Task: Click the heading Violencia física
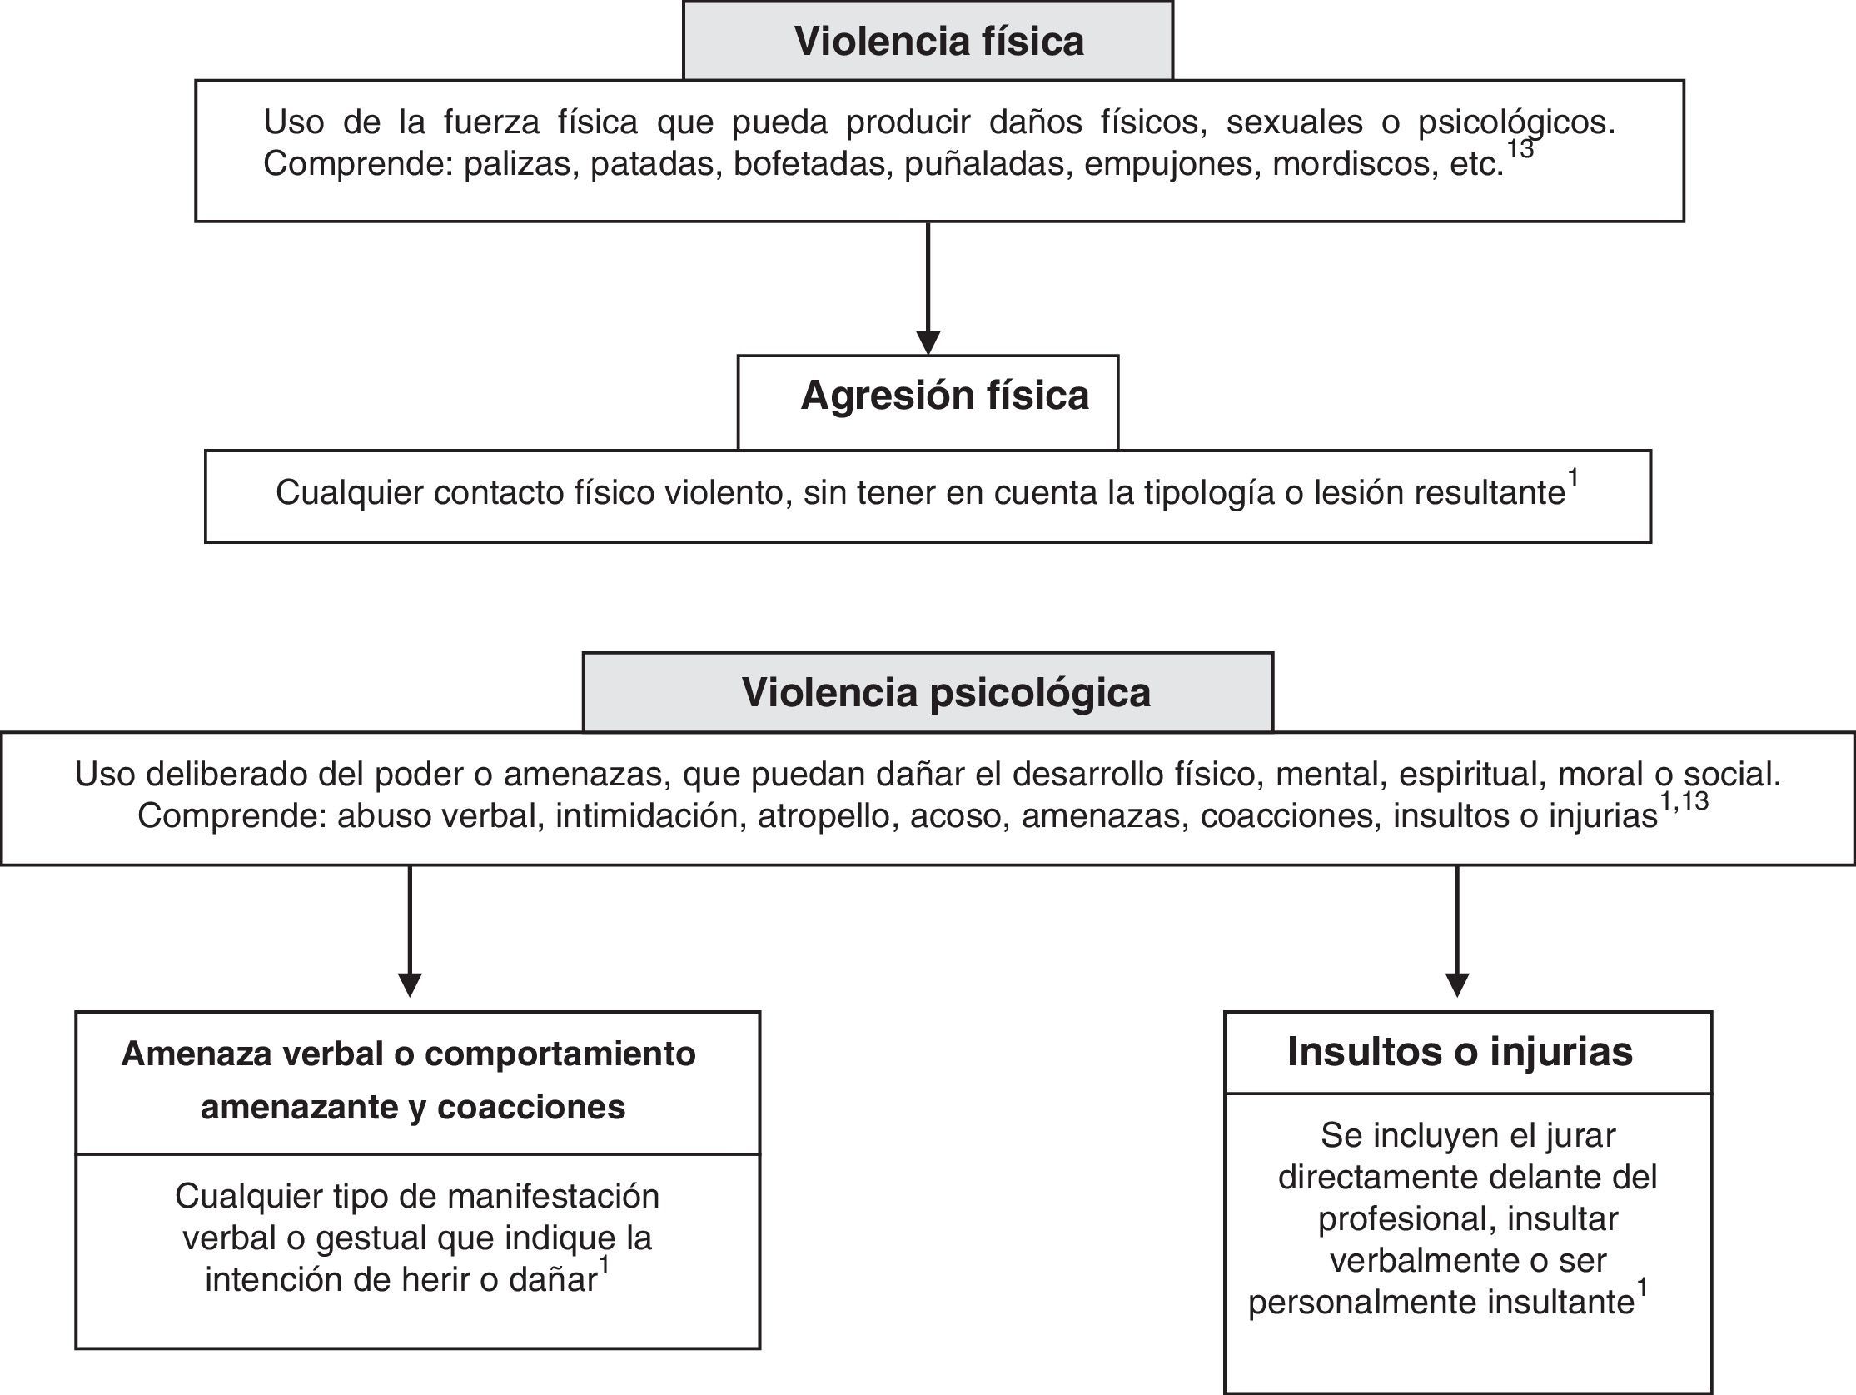click(x=938, y=41)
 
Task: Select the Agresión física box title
click(x=944, y=396)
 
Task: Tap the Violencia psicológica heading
click(x=946, y=692)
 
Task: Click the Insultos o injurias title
click(x=1460, y=1052)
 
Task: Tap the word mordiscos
click(x=1351, y=164)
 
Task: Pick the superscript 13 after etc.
click(x=1520, y=149)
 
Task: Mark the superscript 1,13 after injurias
click(x=1684, y=801)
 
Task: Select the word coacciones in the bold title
click(x=531, y=1107)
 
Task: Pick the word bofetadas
click(x=809, y=164)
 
